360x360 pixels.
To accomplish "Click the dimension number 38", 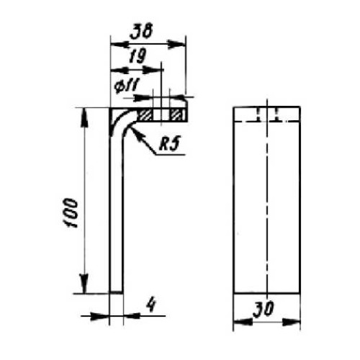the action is [141, 32].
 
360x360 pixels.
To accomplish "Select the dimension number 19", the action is [138, 57].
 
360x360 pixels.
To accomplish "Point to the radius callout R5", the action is [169, 144].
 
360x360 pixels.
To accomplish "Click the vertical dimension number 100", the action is [71, 213].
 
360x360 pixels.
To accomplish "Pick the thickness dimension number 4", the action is [151, 305].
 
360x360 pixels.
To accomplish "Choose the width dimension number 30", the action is [263, 309].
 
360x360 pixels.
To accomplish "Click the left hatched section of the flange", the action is [145, 114].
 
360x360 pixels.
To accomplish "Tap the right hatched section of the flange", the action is [178, 114].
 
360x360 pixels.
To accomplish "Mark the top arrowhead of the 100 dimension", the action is [84, 116].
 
